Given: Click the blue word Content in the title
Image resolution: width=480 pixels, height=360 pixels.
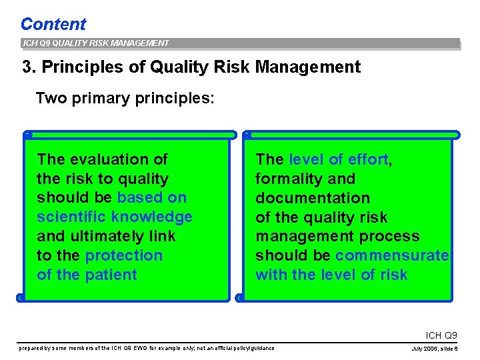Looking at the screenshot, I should tap(53, 25).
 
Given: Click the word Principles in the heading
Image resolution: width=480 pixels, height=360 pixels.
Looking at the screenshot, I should tap(81, 67).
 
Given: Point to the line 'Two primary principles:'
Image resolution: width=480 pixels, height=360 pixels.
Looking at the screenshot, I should tap(125, 99).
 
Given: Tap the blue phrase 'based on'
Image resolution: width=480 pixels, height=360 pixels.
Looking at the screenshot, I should tap(152, 198).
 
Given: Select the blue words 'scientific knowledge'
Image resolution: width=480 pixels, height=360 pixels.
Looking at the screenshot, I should tap(115, 217).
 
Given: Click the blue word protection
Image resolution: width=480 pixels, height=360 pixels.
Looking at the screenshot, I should tap(124, 255).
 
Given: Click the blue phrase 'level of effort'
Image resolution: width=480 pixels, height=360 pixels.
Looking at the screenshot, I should tap(338, 159).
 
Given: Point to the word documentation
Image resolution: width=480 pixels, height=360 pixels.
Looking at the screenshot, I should tap(313, 198).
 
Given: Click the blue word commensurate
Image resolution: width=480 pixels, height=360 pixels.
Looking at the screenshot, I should tap(392, 255).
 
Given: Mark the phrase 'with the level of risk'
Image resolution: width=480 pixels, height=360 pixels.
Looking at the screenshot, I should tap(331, 275).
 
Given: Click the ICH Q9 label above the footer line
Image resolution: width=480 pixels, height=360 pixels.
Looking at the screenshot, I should tap(441, 335).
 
